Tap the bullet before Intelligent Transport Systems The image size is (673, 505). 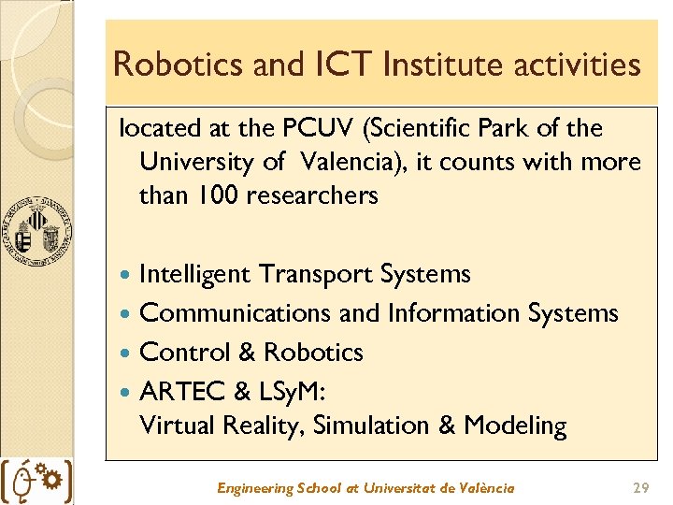[x=127, y=275]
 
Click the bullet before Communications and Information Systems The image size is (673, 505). [x=127, y=314]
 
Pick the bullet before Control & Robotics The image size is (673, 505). [x=127, y=353]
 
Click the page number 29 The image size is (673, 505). [x=641, y=488]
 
